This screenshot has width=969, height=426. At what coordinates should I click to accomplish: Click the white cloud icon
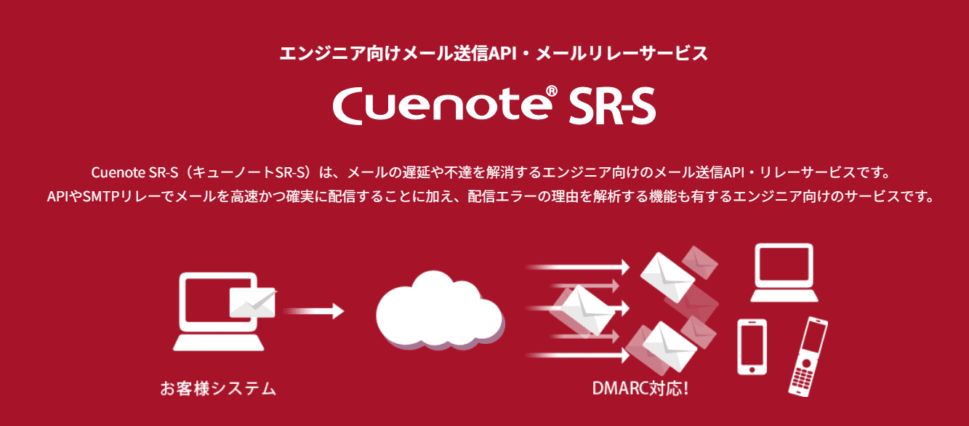pos(438,310)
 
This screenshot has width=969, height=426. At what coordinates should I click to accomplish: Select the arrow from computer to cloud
pos(315,311)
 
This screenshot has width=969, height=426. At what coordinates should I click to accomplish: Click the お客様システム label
pos(218,388)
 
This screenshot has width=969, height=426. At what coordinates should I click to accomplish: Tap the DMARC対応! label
pos(640,388)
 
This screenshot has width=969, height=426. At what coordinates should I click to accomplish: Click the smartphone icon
pos(752,346)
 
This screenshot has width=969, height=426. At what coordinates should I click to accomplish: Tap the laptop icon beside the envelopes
pos(786,273)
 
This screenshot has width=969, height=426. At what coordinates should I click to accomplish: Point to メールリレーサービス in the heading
pos(622,53)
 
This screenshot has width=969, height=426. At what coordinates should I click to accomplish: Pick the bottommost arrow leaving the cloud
pos(578,356)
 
